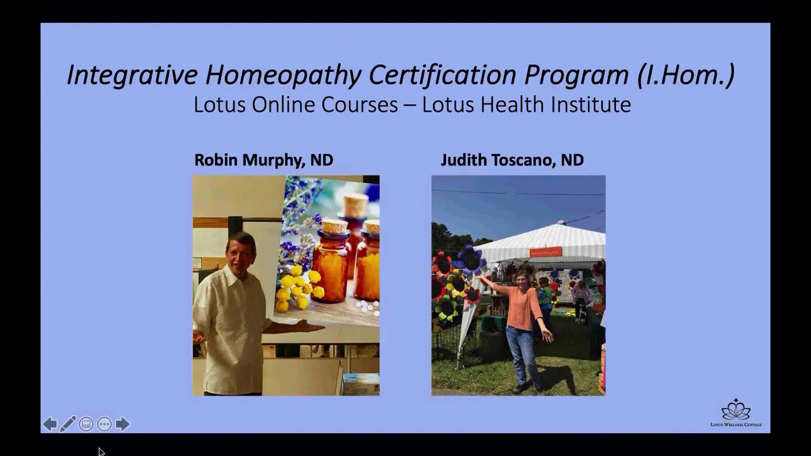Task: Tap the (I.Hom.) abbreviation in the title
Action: click(686, 75)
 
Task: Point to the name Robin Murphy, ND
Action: click(264, 160)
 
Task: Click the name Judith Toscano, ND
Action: click(512, 160)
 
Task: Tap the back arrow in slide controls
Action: click(50, 424)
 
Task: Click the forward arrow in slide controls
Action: click(122, 424)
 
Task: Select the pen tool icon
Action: click(68, 424)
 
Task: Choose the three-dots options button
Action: click(105, 424)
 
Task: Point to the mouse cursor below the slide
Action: click(101, 452)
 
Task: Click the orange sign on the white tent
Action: click(546, 252)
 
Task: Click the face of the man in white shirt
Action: click(241, 252)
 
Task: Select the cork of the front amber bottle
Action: click(335, 226)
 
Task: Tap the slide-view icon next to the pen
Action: click(86, 424)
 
